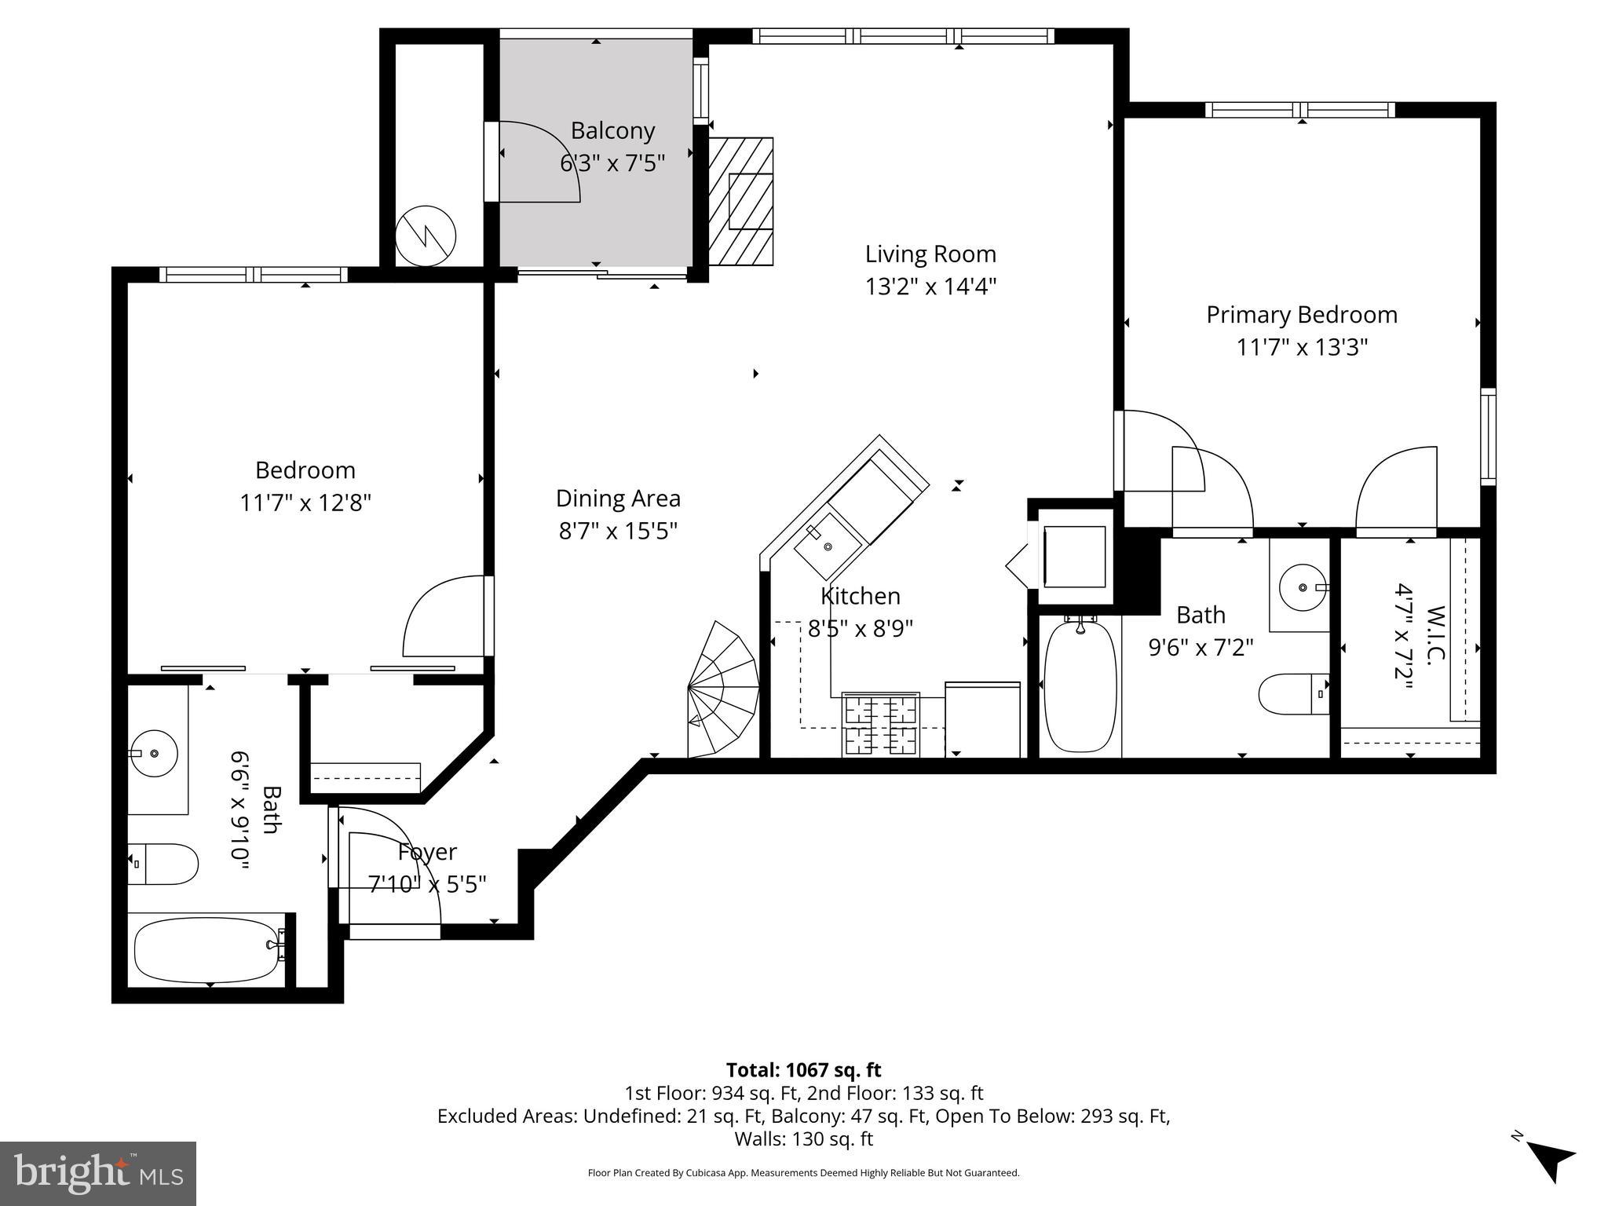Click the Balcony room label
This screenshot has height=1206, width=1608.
[612, 130]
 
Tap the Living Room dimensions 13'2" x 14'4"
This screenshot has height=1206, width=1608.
[930, 287]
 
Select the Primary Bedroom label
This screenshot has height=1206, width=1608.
[1301, 315]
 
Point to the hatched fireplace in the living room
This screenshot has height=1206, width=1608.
[740, 202]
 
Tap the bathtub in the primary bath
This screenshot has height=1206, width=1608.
[1080, 686]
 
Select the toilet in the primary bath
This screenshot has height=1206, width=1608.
[1292, 694]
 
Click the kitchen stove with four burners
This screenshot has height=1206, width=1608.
[880, 725]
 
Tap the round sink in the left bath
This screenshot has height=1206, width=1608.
[155, 753]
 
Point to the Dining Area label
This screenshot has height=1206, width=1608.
[618, 499]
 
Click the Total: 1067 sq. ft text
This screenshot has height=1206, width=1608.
[803, 1070]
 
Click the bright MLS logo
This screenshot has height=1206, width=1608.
[98, 1173]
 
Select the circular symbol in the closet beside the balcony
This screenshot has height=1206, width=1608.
[426, 236]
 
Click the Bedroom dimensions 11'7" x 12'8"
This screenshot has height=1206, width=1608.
[305, 502]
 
